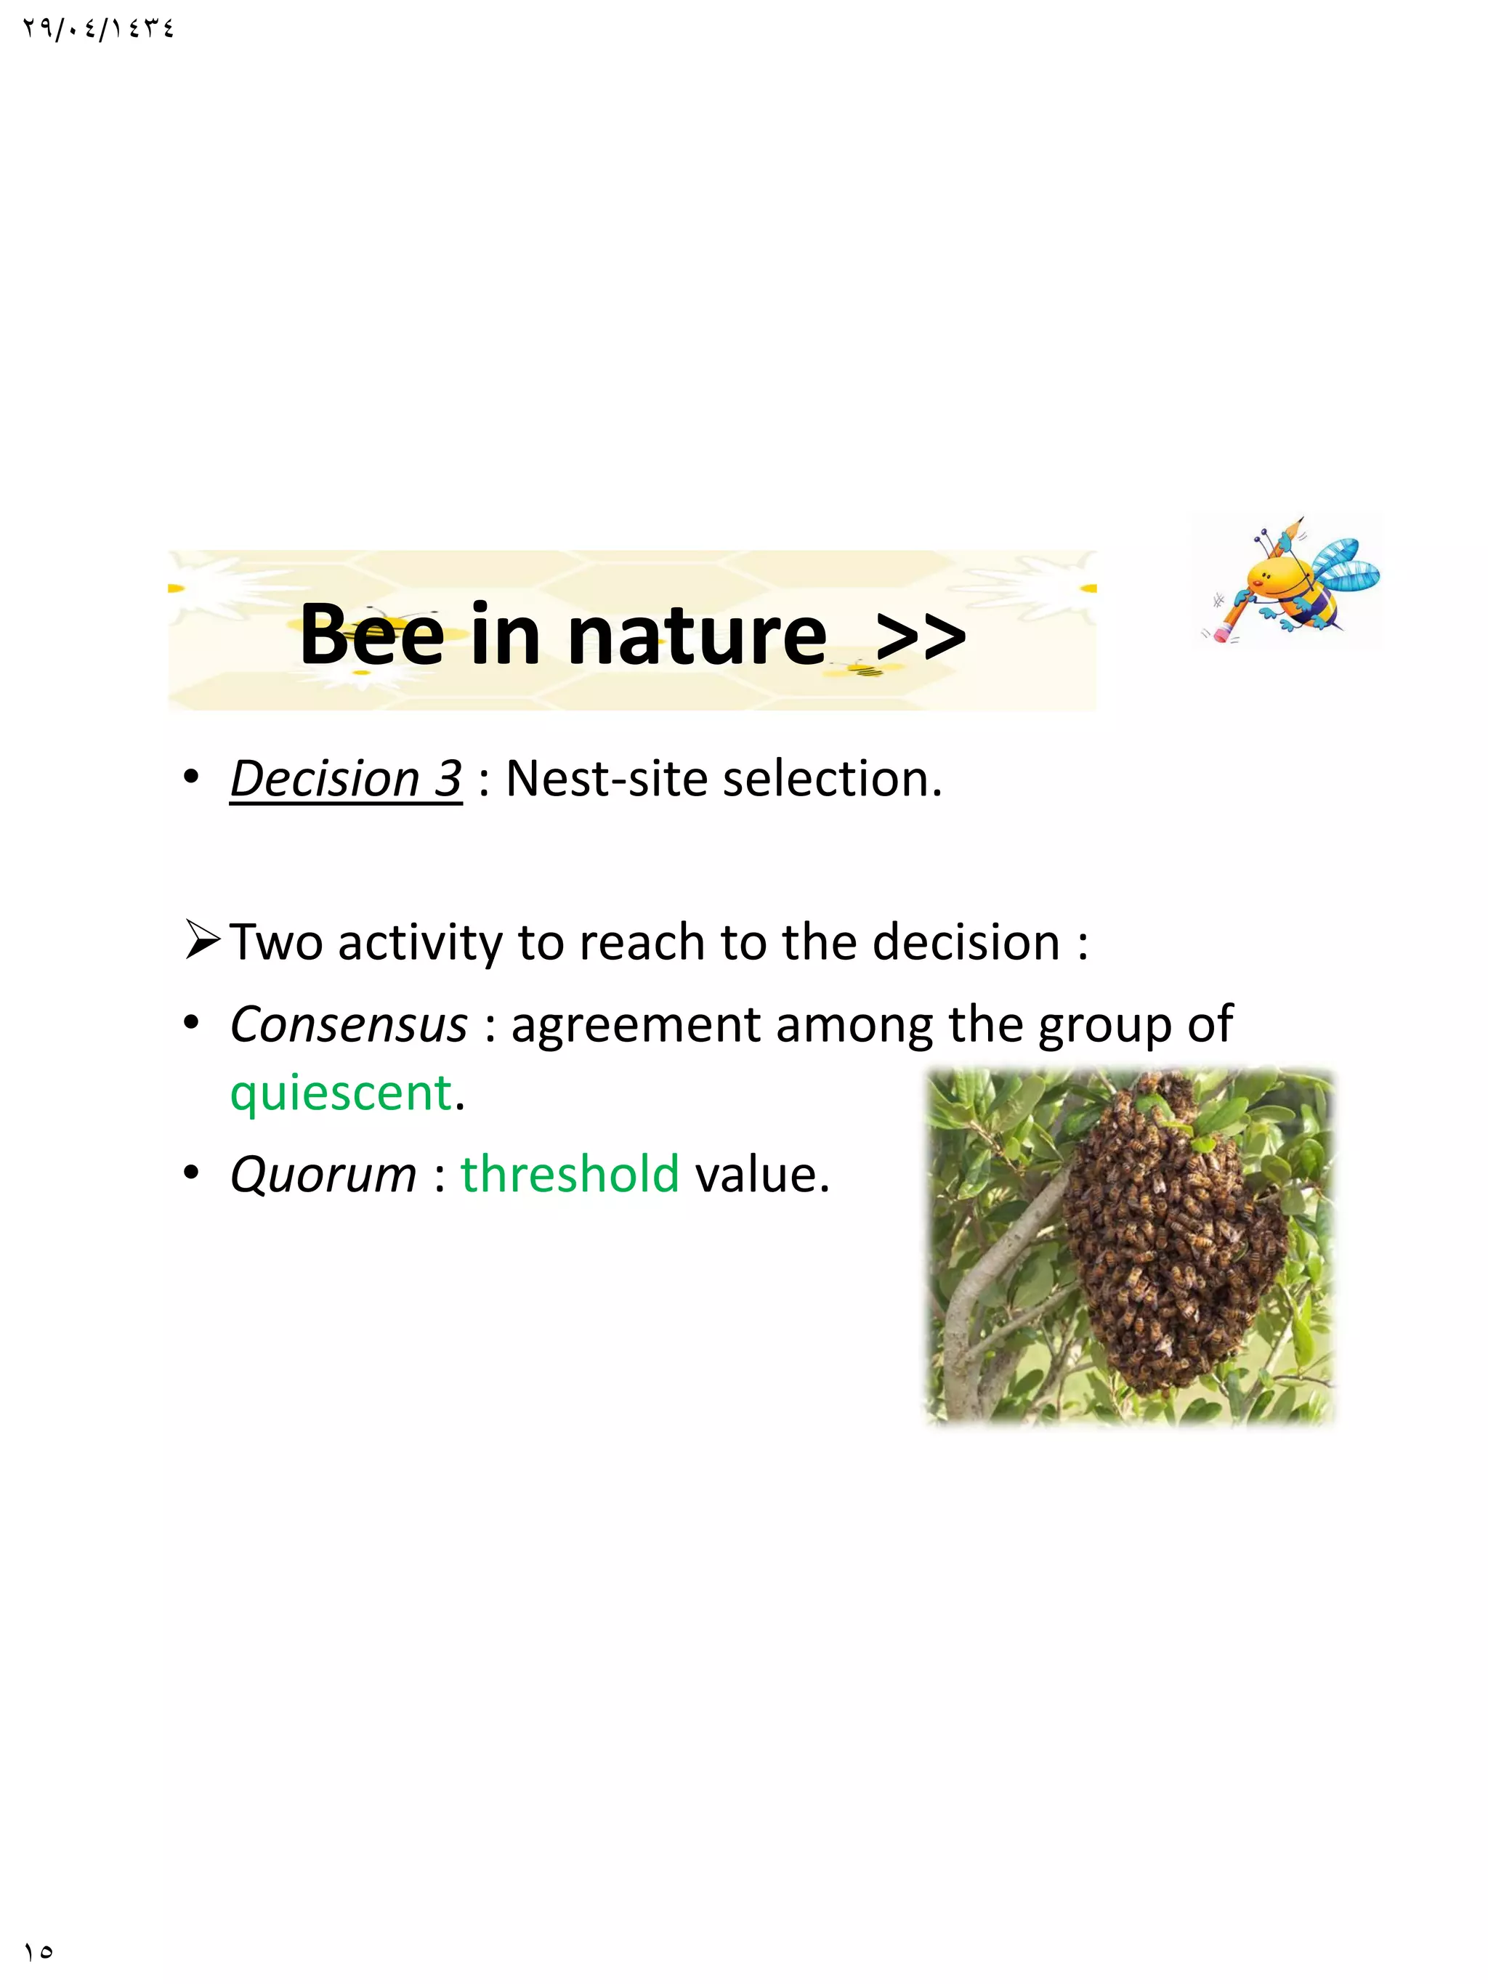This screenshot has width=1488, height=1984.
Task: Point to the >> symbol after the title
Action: pos(921,637)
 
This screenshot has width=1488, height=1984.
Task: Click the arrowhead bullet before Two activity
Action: pos(201,941)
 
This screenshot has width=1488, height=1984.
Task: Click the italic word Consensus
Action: pos(348,1024)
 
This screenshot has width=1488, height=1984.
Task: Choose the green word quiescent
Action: pos(341,1093)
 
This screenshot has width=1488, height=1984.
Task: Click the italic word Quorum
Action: pos(323,1174)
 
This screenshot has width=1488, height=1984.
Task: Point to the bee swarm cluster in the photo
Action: pos(1175,1238)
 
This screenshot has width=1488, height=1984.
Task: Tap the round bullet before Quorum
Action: pos(190,1173)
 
